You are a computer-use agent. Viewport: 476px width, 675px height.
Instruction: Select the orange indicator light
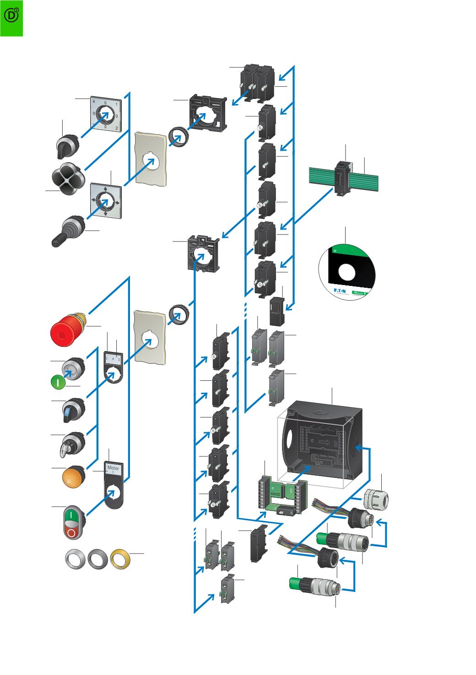[x=73, y=477]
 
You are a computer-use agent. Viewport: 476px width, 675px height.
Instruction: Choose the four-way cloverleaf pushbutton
[x=67, y=177]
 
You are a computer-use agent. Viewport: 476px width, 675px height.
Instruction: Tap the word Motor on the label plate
[x=113, y=468]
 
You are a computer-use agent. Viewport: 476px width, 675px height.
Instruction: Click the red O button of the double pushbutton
[x=71, y=532]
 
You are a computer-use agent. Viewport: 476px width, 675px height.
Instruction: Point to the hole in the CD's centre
[x=346, y=274]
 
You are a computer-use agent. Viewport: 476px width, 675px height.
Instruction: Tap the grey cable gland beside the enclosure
[x=376, y=499]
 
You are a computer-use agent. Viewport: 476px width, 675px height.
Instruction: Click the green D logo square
[x=11, y=17]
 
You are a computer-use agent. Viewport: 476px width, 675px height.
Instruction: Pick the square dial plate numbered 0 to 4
[x=105, y=115]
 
